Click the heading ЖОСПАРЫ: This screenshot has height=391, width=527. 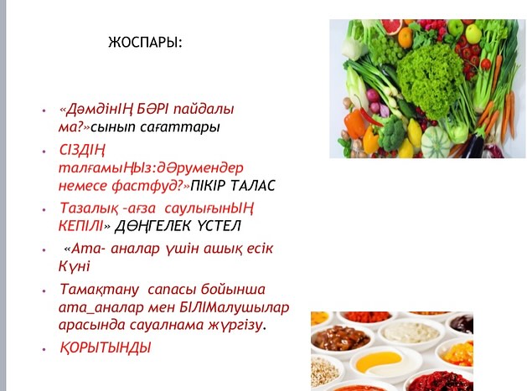point(145,43)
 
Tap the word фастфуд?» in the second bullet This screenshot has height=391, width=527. point(151,185)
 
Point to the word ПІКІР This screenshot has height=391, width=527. point(206,185)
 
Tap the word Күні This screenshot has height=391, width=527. point(75,266)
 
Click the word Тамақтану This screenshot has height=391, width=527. point(99,290)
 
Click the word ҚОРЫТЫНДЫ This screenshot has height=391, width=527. point(106,347)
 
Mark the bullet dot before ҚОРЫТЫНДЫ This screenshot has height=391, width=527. point(44,349)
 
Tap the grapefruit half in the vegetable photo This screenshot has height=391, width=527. point(392,27)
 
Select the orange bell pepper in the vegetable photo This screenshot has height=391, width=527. point(354,123)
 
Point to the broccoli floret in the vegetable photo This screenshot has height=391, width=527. point(392,133)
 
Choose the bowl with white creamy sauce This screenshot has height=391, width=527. point(411,332)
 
